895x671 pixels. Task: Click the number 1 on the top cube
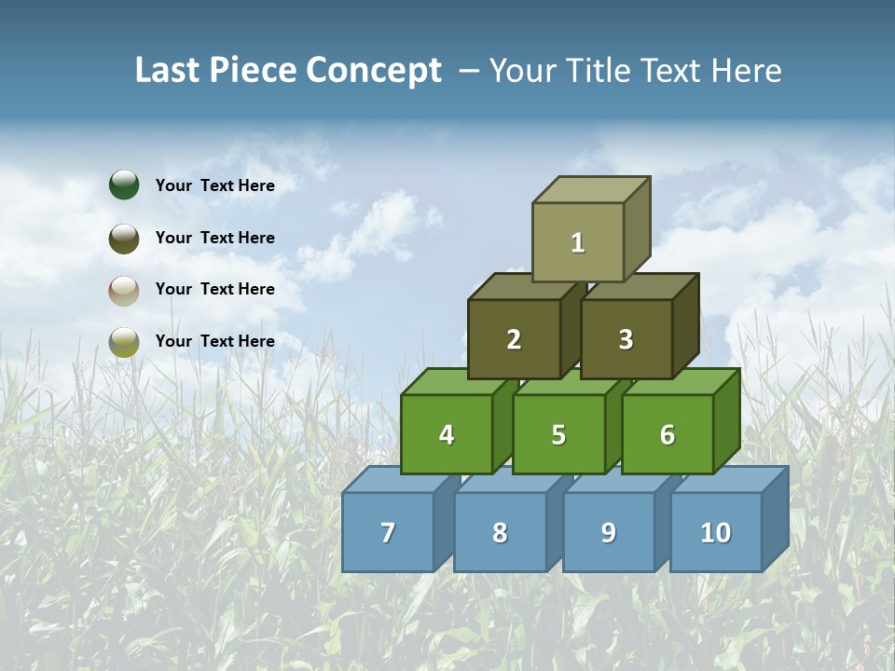point(578,243)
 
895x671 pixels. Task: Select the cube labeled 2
point(514,340)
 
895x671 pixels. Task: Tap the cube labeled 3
point(626,340)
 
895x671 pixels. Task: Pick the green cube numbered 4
point(447,434)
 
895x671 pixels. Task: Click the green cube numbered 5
point(558,434)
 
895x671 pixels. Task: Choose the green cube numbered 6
point(668,434)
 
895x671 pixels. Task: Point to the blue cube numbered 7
point(388,532)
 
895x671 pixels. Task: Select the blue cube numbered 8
point(500,532)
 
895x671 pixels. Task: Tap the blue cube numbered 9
point(609,532)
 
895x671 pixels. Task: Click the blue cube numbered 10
point(716,532)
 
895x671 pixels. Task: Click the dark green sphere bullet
point(124,185)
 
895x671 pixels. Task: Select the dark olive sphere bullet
point(124,238)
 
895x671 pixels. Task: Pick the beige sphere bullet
point(124,290)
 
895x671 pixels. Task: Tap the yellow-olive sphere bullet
point(124,341)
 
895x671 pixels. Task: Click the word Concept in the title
point(373,71)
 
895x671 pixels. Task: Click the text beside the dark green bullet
point(215,185)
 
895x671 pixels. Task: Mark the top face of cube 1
point(590,189)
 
